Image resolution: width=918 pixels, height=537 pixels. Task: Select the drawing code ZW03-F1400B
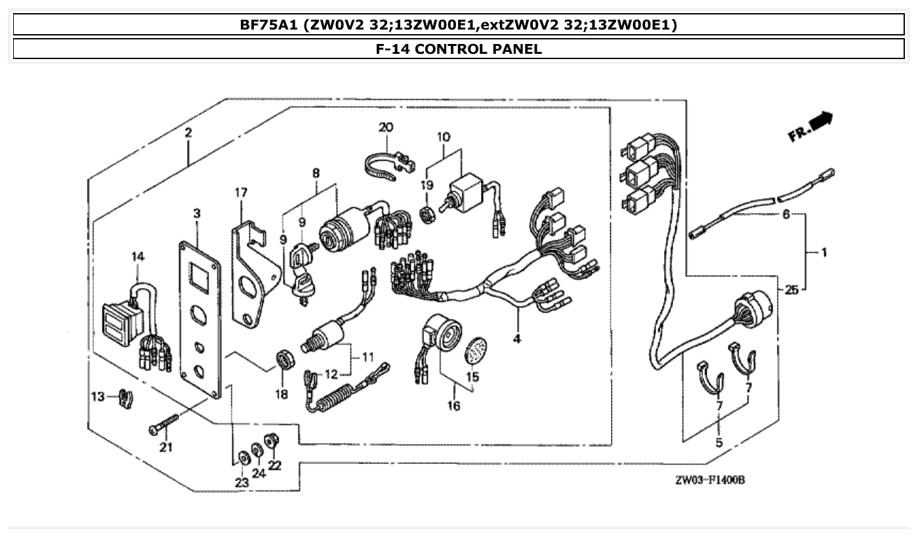[709, 481]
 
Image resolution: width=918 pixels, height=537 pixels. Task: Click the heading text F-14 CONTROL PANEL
[459, 49]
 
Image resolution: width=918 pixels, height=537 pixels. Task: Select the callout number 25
[791, 290]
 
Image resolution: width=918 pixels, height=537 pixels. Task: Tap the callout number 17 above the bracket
[241, 193]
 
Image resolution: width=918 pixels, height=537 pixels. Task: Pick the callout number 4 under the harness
[517, 339]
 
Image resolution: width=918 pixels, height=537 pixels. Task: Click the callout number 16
[453, 406]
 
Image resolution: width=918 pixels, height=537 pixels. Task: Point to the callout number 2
[188, 133]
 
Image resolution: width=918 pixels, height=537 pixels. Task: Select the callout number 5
[719, 442]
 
